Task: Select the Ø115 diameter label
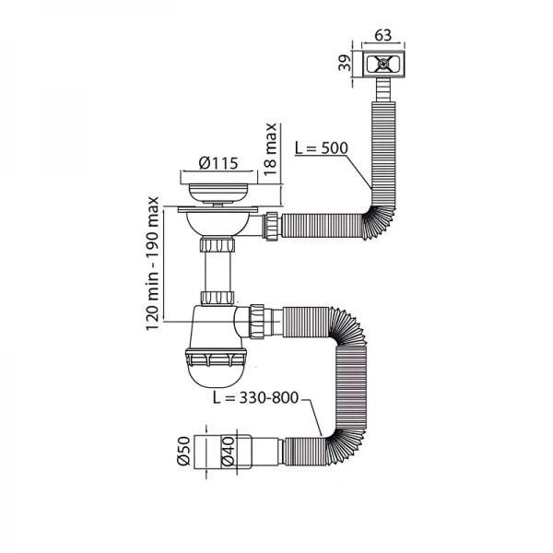(x=218, y=164)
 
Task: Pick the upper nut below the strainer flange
(x=218, y=246)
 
